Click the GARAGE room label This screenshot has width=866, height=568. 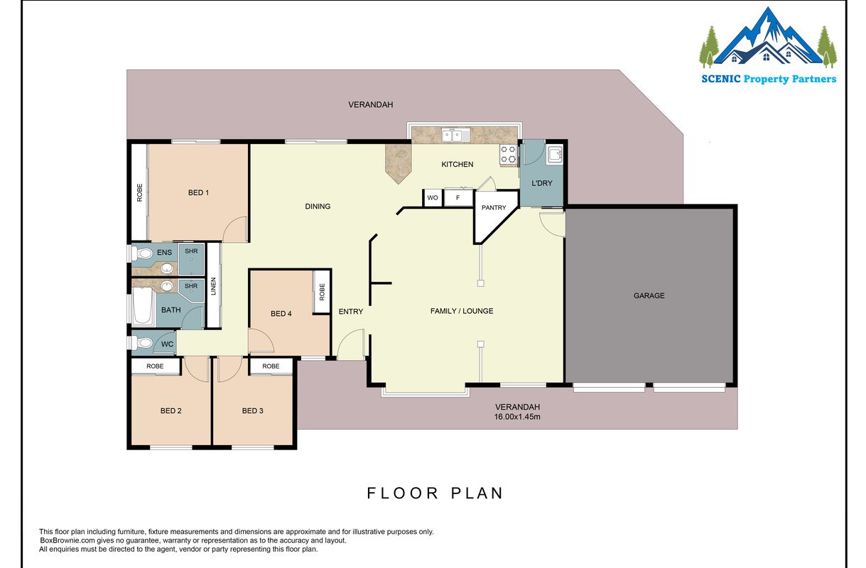tap(649, 295)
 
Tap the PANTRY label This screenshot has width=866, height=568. tap(494, 207)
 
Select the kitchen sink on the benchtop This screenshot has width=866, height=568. tap(456, 135)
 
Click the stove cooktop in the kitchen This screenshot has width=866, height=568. tap(508, 154)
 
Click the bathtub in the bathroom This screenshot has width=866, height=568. tap(142, 305)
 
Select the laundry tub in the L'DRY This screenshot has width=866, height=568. tap(555, 155)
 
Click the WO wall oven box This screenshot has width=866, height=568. tap(432, 198)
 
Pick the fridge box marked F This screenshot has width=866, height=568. tap(458, 198)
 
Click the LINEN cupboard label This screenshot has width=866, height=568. tap(213, 286)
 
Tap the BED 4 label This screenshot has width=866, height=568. tap(281, 314)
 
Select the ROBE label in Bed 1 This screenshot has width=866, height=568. tap(139, 192)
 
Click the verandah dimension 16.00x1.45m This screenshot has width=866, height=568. tap(517, 417)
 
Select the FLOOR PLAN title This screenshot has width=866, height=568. tap(435, 493)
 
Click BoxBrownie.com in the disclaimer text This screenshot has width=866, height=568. tap(67, 540)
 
